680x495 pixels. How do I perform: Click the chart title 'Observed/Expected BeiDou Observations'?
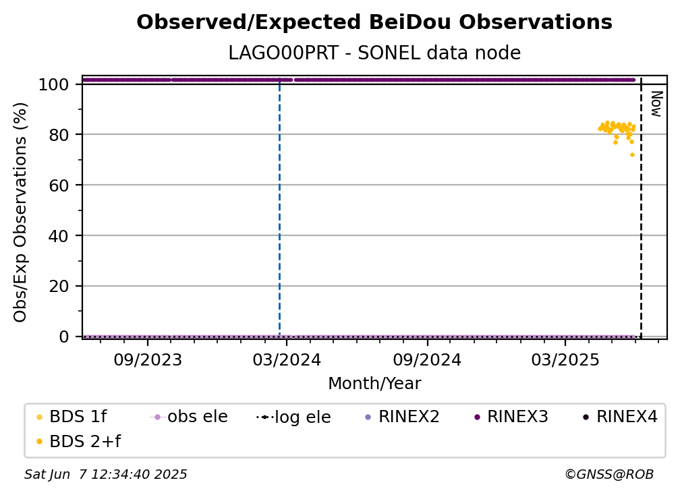[374, 22]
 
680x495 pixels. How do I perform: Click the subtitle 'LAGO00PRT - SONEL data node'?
[374, 53]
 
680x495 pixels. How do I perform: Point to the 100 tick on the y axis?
[54, 84]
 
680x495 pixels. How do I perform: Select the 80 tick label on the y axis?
[59, 135]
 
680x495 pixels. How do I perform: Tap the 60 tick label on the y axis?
[59, 185]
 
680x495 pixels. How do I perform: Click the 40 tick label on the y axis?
[59, 236]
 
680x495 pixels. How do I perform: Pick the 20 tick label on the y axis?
[59, 287]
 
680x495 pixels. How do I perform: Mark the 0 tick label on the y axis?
[64, 337]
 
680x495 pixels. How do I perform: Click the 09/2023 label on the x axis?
[148, 359]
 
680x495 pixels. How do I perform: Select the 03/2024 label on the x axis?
[287, 359]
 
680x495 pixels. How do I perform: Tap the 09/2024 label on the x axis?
[427, 359]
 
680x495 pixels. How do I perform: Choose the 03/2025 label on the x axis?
[565, 359]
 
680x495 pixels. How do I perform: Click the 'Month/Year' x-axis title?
[374, 384]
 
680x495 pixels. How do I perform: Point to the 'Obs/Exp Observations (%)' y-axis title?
[20, 212]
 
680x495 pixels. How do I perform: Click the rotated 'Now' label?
[656, 104]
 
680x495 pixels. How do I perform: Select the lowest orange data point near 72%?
[632, 154]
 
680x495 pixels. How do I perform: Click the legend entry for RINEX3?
[512, 417]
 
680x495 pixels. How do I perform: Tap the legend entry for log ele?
[293, 417]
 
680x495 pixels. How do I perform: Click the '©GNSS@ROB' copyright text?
[609, 475]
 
